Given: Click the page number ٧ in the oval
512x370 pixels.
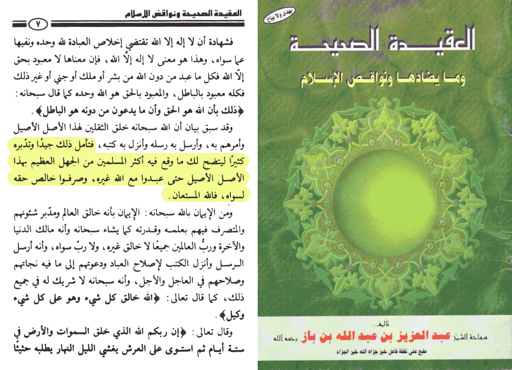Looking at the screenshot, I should point(38,25).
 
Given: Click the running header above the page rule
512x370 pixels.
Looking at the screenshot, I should point(183,14).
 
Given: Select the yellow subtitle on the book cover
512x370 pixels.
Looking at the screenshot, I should point(382,79).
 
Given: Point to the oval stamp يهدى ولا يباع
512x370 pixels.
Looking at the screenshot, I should point(279,15).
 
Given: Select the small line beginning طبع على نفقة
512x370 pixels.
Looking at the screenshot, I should point(381,352).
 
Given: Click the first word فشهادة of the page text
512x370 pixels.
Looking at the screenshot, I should point(220,42).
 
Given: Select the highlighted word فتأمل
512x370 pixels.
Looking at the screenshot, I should point(84,144).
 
